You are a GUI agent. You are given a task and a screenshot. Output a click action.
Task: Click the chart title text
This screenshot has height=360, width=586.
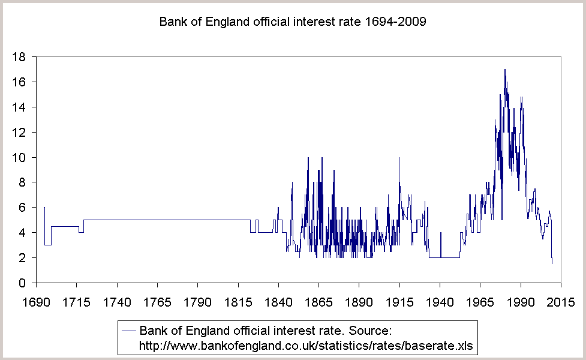coord(292,22)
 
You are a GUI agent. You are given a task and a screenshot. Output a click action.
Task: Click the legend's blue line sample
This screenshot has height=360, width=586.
coord(129,330)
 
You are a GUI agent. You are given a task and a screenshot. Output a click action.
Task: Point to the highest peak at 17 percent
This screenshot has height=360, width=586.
coord(505,70)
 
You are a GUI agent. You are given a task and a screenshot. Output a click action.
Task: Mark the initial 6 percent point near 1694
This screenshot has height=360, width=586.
coord(44,208)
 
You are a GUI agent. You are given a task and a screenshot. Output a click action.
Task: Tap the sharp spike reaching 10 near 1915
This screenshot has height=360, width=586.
coord(399,158)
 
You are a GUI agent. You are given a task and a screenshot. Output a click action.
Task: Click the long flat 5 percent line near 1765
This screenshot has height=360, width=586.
coord(157,220)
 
